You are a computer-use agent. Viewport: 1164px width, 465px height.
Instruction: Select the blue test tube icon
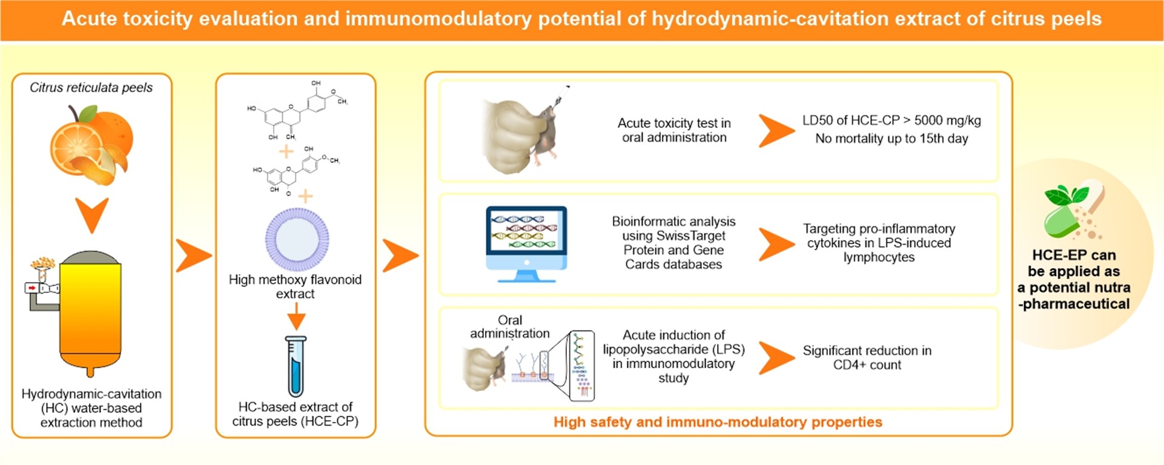(296, 366)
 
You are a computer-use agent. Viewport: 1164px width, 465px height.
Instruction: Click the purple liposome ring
(297, 239)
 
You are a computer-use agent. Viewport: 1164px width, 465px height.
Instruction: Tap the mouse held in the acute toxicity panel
(548, 136)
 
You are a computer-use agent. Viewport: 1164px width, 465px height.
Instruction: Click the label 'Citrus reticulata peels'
(91, 88)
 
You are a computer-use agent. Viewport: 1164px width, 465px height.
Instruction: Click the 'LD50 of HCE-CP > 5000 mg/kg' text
(891, 120)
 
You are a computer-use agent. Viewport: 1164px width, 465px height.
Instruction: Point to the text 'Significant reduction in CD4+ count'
(867, 357)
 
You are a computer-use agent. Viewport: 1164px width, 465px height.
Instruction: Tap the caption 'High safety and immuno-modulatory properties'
(718, 422)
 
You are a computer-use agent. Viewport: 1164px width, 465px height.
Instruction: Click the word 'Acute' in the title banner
(89, 19)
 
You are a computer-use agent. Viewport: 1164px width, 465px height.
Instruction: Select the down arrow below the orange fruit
(92, 214)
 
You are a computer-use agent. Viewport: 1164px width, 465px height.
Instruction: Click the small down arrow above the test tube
(296, 316)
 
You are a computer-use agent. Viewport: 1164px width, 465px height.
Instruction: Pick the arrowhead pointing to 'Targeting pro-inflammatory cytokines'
(776, 243)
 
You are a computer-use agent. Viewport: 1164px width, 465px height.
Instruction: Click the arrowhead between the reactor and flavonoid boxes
(193, 255)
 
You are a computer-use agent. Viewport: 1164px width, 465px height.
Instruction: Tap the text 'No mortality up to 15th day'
(891, 139)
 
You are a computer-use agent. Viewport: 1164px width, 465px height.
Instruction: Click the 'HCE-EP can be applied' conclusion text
(1074, 279)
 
